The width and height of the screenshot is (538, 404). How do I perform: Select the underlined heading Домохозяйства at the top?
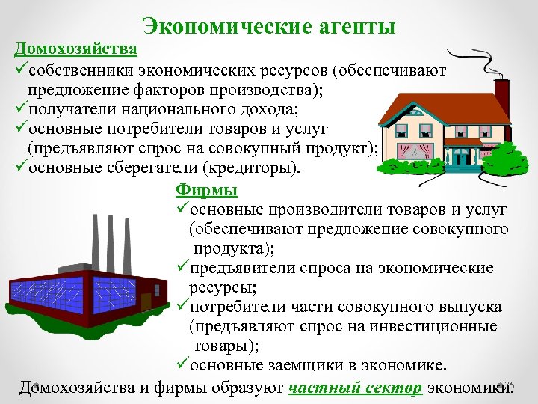pyautogui.click(x=75, y=49)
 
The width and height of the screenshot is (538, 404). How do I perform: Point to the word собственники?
pyautogui.click(x=83, y=71)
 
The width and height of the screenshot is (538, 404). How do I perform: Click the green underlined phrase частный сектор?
pyautogui.click(x=356, y=387)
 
